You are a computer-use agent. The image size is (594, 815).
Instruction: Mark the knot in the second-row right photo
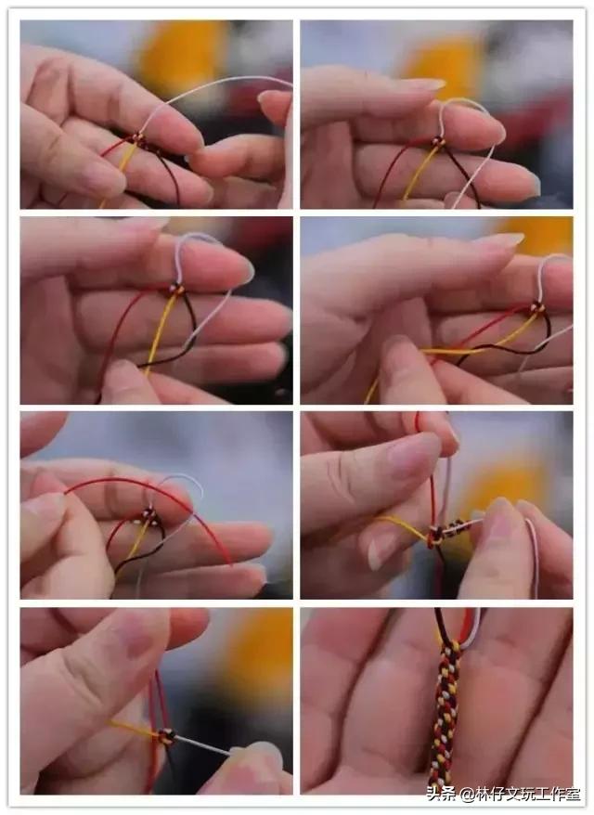coord(536,308)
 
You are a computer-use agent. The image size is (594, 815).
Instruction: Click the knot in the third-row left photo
coord(148,516)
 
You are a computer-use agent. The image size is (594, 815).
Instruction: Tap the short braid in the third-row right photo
coord(452,530)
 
